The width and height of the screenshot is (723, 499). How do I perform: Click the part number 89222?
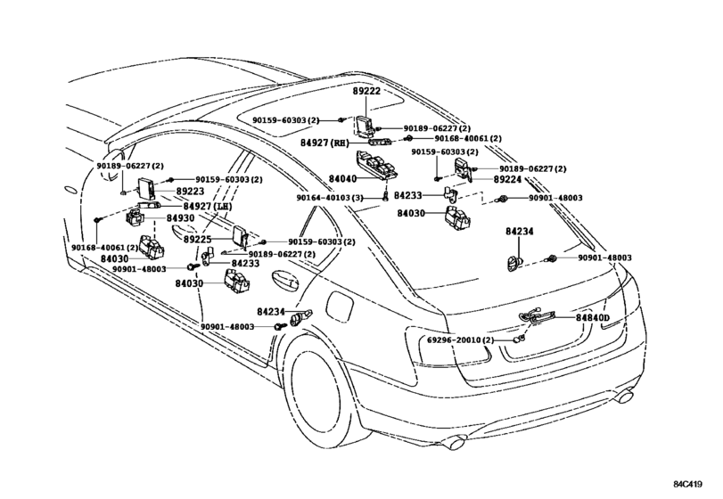click(x=366, y=91)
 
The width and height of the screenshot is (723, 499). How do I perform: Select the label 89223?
click(x=190, y=192)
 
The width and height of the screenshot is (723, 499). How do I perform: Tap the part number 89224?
click(x=507, y=180)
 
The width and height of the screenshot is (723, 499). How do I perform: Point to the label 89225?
click(x=197, y=240)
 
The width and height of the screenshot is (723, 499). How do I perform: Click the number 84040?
click(x=342, y=179)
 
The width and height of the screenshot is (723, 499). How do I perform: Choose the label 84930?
click(x=180, y=218)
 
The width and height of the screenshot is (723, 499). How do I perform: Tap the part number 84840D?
click(x=593, y=317)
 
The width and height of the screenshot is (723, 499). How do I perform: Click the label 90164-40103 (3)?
click(x=330, y=198)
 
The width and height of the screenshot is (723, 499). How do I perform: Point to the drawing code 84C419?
click(x=687, y=484)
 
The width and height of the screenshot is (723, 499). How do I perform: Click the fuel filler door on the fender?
click(x=340, y=305)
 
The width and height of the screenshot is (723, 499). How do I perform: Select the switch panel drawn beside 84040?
click(x=376, y=166)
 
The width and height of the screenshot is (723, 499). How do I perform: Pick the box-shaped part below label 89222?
click(x=366, y=126)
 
